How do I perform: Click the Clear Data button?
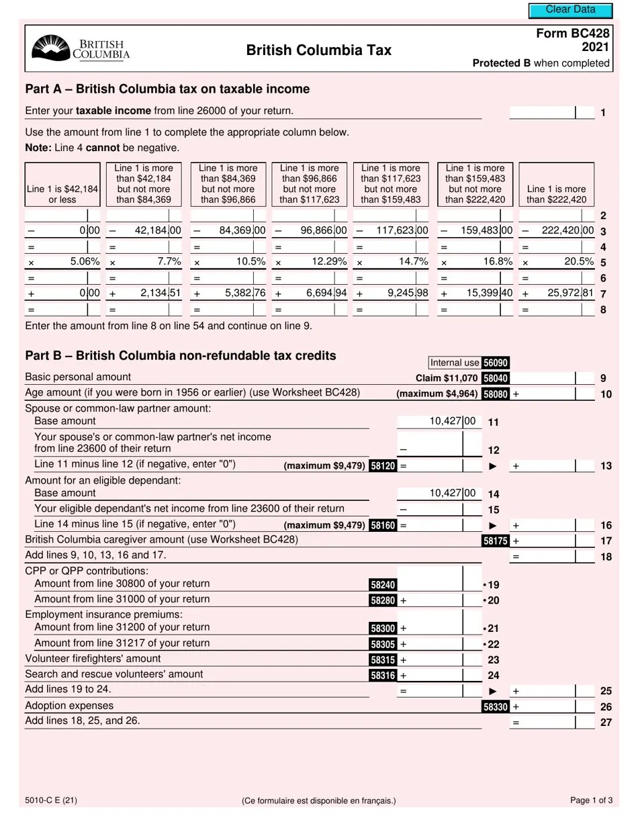pos(570,10)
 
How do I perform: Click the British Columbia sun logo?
pos(51,48)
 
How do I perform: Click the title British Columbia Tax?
pos(318,50)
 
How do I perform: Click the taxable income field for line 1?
pos(543,112)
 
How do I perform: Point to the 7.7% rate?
pos(169,261)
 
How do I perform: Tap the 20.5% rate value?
pos(581,261)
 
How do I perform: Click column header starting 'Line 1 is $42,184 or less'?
pos(62,194)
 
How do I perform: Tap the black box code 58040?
pos(496,378)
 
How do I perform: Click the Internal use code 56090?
pos(496,363)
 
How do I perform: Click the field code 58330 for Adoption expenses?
pos(496,706)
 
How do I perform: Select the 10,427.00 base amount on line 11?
pos(452,421)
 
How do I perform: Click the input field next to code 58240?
pos(430,584)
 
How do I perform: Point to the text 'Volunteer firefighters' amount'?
pos(93,658)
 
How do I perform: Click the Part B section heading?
pos(180,355)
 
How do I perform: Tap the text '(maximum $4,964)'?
pos(437,394)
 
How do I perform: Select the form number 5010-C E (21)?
pos(50,800)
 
